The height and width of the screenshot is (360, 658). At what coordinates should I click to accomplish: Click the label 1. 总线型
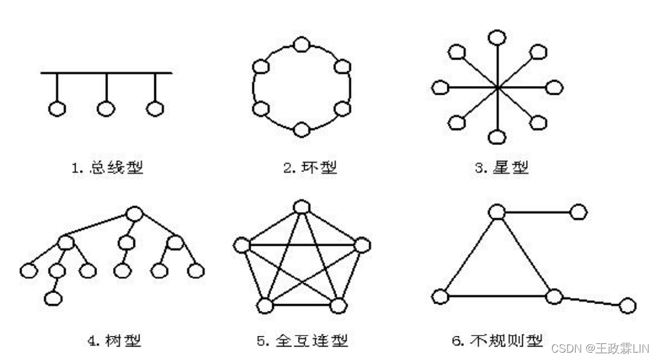pyautogui.click(x=108, y=167)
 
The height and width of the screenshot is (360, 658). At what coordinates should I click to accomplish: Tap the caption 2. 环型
pyautogui.click(x=310, y=167)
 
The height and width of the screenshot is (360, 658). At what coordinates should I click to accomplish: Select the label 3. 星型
pyautogui.click(x=501, y=167)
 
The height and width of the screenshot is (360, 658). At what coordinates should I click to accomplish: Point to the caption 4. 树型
pyautogui.click(x=115, y=339)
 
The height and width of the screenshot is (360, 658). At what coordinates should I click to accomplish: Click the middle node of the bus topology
pyautogui.click(x=106, y=109)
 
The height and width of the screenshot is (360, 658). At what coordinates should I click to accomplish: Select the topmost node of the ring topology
pyautogui.click(x=300, y=44)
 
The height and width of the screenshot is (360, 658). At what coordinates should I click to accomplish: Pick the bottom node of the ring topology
pyautogui.click(x=300, y=130)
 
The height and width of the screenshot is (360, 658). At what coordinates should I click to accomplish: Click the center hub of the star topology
pyautogui.click(x=497, y=88)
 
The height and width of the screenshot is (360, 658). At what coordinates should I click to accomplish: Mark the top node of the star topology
pyautogui.click(x=497, y=37)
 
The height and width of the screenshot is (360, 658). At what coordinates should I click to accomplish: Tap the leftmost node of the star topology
pyautogui.click(x=440, y=88)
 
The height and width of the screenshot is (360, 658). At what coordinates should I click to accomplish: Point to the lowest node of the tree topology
pyautogui.click(x=54, y=299)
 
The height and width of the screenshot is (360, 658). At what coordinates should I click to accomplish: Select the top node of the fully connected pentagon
pyautogui.click(x=300, y=206)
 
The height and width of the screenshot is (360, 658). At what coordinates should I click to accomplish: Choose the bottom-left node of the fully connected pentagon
pyautogui.click(x=265, y=305)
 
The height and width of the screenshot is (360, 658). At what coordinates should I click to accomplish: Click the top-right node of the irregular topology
pyautogui.click(x=578, y=212)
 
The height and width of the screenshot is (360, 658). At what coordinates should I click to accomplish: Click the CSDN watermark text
pyautogui.click(x=600, y=348)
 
